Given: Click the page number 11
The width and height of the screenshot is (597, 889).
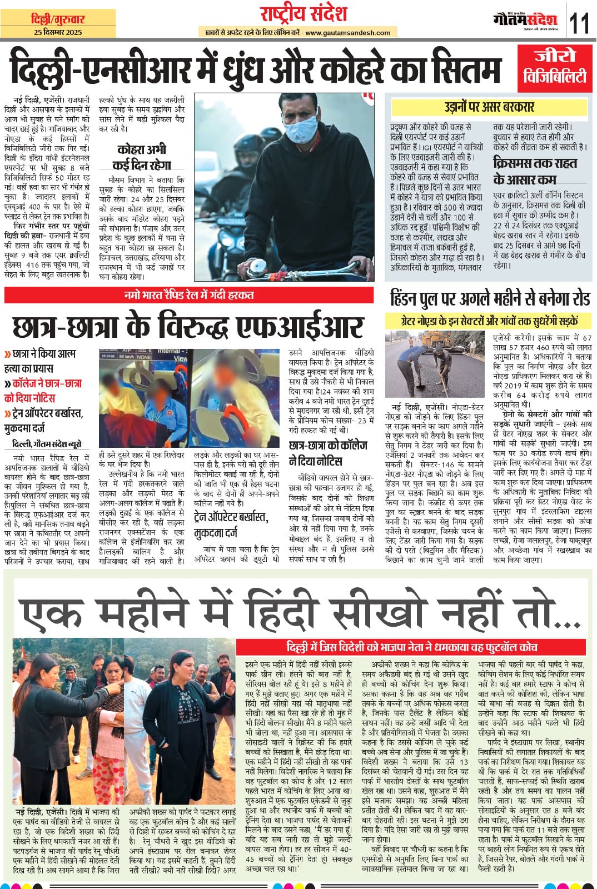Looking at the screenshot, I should tap(580, 24).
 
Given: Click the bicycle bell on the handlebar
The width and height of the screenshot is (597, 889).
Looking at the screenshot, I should tap(255, 269).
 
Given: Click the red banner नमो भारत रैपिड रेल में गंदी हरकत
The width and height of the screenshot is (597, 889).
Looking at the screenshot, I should tap(189, 294).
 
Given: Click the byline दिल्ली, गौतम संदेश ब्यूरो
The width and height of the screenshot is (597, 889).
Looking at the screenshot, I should tap(47, 444).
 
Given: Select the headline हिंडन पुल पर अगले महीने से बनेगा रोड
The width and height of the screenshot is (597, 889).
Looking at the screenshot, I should tap(490, 299).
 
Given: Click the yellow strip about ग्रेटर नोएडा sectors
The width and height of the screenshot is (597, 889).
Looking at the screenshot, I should tap(489, 321).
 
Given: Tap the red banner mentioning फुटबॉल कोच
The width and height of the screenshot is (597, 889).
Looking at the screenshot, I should tap(411, 647).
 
